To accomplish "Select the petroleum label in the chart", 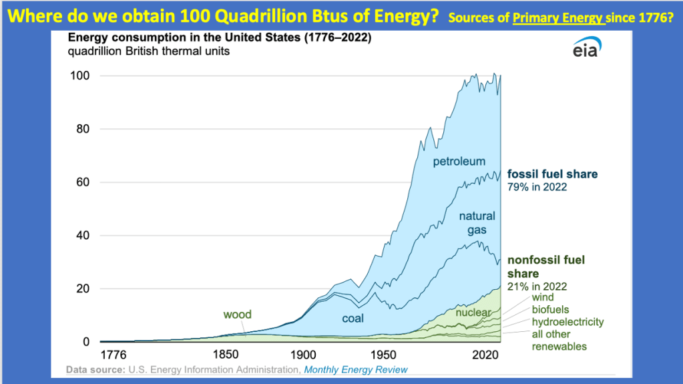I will tap(459, 161).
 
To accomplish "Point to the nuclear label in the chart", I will tap(473, 312).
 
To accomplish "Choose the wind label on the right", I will tap(543, 298).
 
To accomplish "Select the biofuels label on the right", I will tap(551, 310).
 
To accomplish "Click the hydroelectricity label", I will tap(568, 322).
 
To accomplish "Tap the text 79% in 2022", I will tap(537, 187).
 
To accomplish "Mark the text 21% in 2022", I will tap(537, 286).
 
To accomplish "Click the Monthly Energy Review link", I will tap(356, 369).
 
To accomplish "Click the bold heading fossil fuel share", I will tap(552, 174).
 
